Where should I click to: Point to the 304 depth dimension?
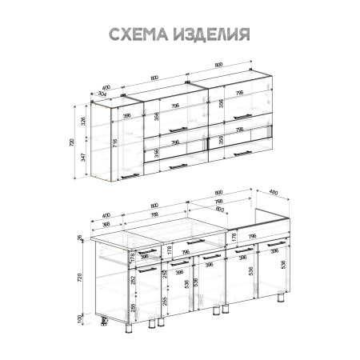[102, 94]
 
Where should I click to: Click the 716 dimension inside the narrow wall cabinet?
[116, 144]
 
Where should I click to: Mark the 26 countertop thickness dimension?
[79, 237]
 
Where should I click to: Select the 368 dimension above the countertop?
[107, 223]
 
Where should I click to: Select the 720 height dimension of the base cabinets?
[79, 278]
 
